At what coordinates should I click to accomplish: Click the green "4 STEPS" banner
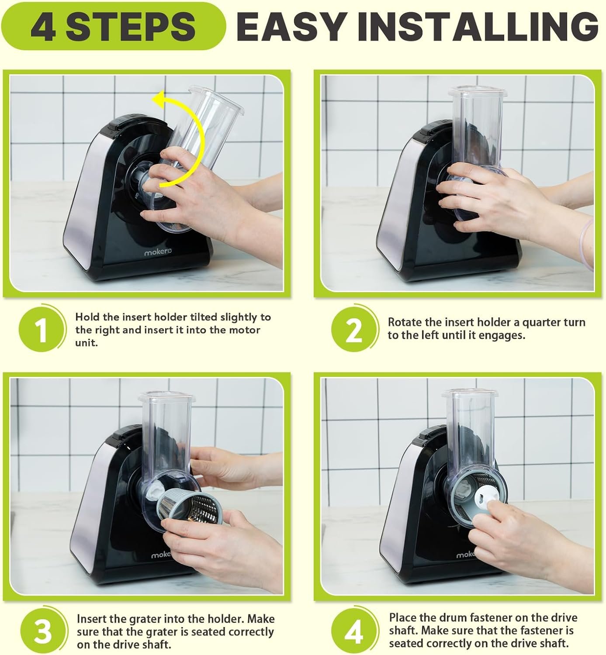coord(113,26)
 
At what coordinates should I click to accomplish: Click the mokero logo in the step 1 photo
coord(158,252)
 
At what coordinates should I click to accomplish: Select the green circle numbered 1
coord(42,329)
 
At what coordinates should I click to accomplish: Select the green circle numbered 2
coord(354,329)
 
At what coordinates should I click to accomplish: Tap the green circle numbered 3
coord(43,631)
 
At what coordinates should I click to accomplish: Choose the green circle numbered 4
coord(354,631)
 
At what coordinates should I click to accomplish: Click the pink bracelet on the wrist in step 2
coord(586,244)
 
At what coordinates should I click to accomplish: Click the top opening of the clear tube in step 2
coord(476,90)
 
